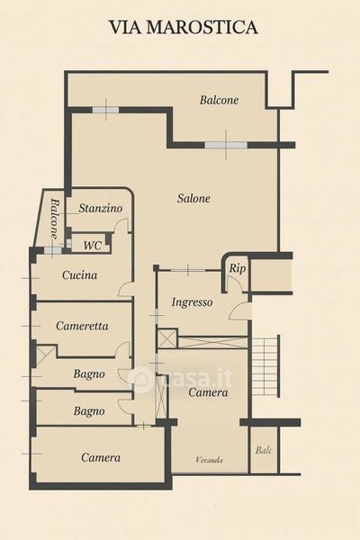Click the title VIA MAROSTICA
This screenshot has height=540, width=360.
[x=184, y=27]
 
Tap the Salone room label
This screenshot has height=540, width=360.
[x=193, y=198]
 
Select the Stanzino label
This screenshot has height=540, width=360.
[x=101, y=208]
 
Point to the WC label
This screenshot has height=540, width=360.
[x=93, y=246]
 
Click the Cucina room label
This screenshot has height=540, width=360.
[x=79, y=275]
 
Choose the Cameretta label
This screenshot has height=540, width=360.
[x=82, y=326]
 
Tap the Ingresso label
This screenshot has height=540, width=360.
[x=192, y=302]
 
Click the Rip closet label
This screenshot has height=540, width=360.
[x=238, y=269]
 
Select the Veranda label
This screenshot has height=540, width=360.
[x=209, y=460]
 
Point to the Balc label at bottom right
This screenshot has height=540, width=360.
[x=264, y=450]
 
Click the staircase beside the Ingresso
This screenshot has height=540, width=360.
[x=266, y=366]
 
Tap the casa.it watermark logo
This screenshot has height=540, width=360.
[x=180, y=378]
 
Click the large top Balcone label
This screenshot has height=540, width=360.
[x=219, y=100]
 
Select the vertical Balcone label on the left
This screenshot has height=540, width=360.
[x=54, y=219]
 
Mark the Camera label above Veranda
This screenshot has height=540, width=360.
[x=208, y=392]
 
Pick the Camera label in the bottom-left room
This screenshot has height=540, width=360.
[x=101, y=457]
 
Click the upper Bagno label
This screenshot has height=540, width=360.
[x=89, y=374]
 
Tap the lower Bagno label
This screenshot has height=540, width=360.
[x=89, y=411]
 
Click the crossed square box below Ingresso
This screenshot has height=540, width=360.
[x=166, y=338]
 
